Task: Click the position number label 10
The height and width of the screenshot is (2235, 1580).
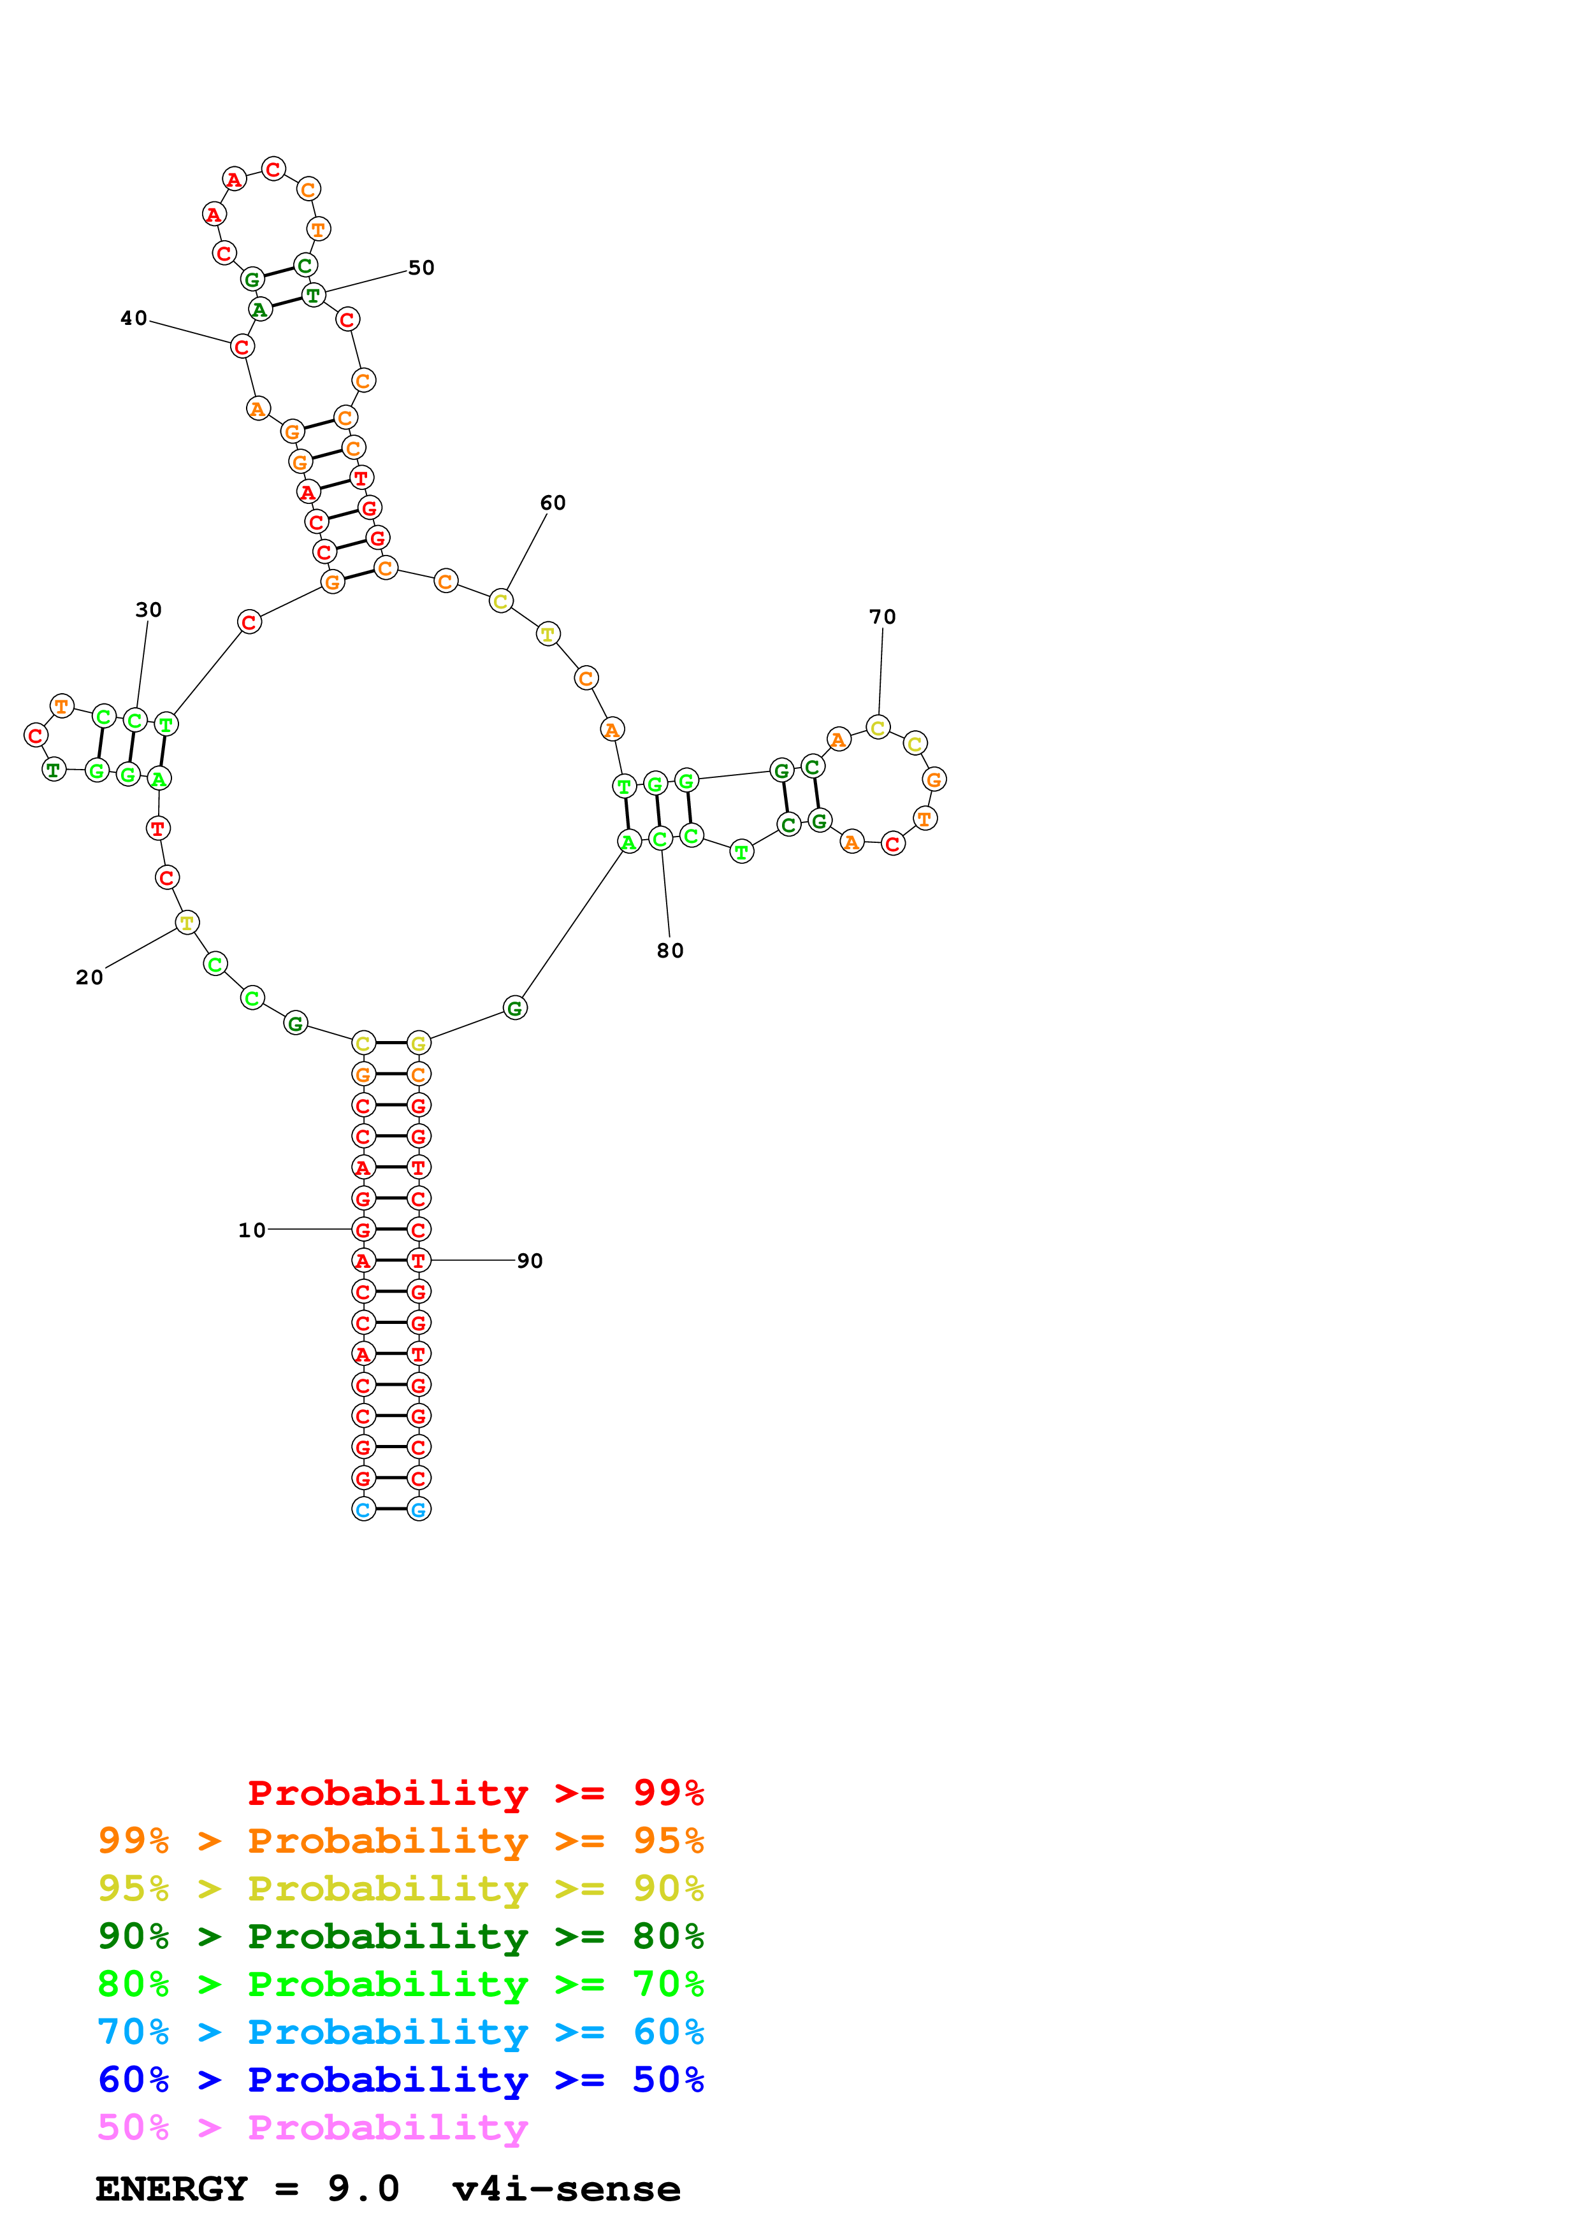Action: coord(251,1230)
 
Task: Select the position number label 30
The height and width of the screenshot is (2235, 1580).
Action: coord(148,610)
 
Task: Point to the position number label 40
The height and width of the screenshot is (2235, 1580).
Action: coord(133,319)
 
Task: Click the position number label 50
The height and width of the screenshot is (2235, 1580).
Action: coord(421,268)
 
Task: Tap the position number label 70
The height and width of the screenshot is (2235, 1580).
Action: coord(882,617)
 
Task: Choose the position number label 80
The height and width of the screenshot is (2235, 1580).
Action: coord(670,951)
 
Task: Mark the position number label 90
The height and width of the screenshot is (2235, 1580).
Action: coord(530,1261)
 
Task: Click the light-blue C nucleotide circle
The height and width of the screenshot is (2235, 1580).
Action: coord(363,1510)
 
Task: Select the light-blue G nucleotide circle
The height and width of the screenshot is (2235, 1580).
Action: coord(419,1510)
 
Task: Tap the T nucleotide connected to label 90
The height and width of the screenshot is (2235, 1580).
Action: coord(419,1261)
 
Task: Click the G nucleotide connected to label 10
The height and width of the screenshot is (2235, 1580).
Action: coord(363,1230)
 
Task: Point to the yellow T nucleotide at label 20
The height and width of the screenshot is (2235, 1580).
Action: coord(187,923)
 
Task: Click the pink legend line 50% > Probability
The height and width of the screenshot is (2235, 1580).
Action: coord(312,2128)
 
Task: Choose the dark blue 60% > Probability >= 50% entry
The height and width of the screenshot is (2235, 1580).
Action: coord(400,2080)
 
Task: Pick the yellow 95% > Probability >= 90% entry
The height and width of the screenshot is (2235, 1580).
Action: coord(400,1888)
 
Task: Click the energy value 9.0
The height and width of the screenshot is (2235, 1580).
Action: coord(363,2189)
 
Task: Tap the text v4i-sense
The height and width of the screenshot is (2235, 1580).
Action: coord(567,2189)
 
